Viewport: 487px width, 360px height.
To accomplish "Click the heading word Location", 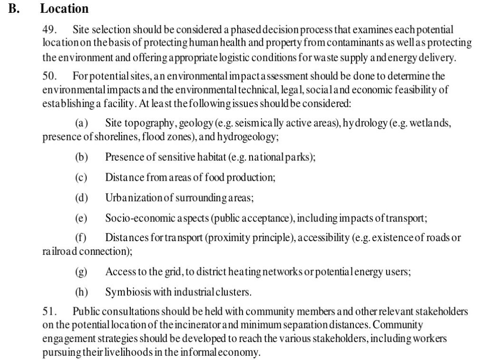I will coord(64,9).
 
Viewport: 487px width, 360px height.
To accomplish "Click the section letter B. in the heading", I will coord(13,9).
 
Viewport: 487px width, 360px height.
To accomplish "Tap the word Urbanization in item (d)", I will coord(135,197).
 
